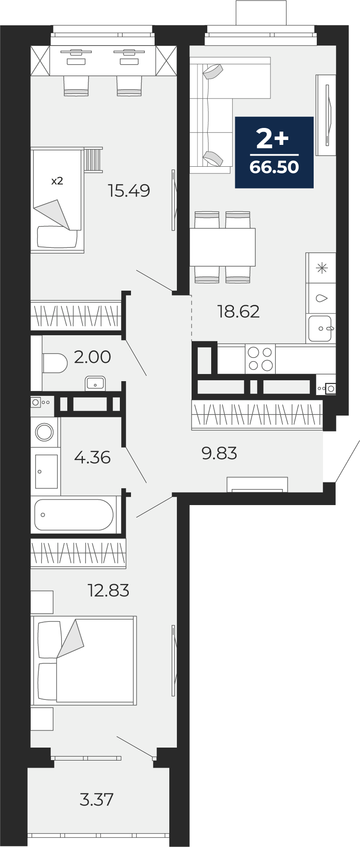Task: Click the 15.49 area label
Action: coord(129,191)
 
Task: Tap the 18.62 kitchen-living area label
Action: coord(238,311)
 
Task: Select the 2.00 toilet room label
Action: coord(92,357)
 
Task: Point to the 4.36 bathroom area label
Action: coord(92,457)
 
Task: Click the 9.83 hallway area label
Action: coord(219,453)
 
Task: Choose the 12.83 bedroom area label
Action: coord(109,591)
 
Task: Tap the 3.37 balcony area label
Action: coord(96,799)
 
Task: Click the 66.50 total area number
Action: coord(274,167)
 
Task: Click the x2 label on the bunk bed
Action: coord(57,181)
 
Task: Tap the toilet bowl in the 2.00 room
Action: coord(54,363)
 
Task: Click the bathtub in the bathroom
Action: coord(74,514)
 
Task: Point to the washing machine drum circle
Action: coord(45,432)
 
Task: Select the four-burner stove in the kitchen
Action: coord(260,359)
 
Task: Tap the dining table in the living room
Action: coord(222,247)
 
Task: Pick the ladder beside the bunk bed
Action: coord(93,160)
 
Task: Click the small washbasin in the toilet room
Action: coord(95,383)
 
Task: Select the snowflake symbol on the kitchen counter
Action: coord(321,268)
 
